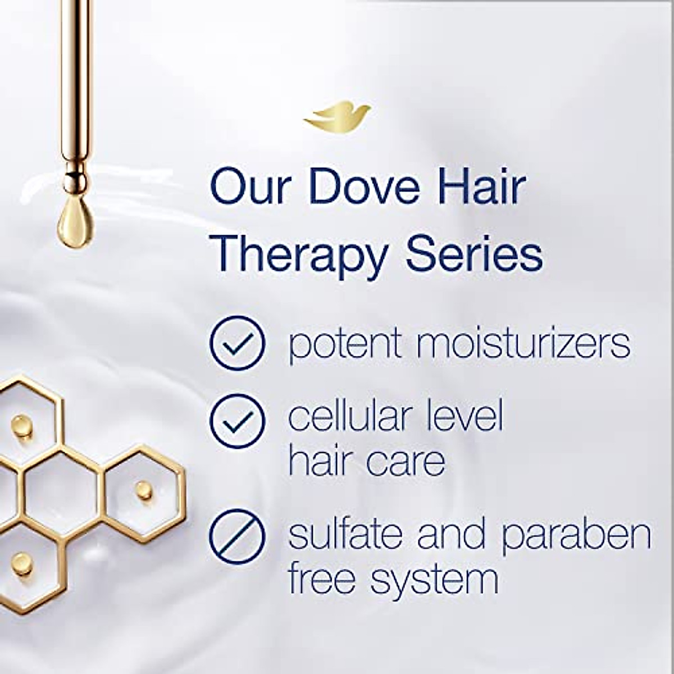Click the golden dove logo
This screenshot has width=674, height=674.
click(336, 116)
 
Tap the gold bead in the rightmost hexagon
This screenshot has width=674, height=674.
click(142, 489)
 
